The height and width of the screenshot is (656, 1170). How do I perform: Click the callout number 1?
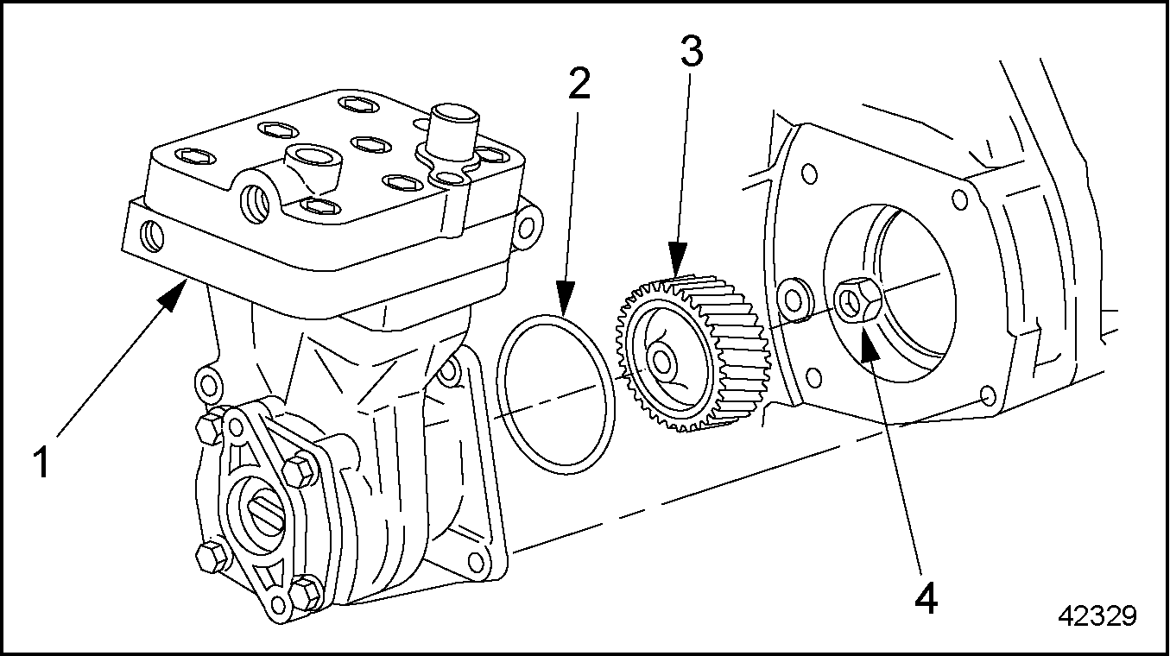click(x=41, y=462)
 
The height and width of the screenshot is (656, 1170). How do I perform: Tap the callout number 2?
click(x=579, y=84)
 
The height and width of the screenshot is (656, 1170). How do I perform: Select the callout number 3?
click(x=691, y=54)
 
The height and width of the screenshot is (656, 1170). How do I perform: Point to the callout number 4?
click(x=925, y=598)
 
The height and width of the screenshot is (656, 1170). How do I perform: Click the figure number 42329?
click(x=1097, y=616)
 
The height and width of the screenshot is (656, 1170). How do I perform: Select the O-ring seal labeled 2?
click(x=556, y=394)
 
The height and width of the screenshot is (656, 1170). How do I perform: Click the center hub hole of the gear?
click(x=663, y=361)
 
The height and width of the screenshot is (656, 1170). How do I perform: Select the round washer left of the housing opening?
click(x=792, y=298)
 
